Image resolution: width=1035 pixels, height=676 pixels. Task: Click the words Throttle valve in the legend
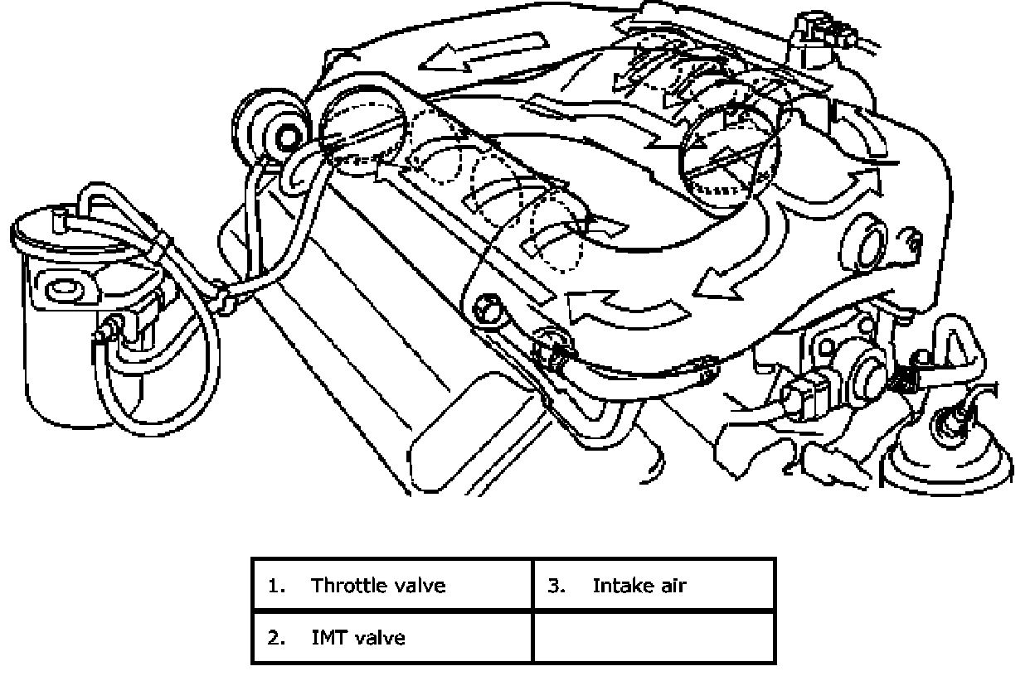coord(378,586)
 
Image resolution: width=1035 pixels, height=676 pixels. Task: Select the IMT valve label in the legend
coord(358,638)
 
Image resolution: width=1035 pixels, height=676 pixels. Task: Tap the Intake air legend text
coord(639,586)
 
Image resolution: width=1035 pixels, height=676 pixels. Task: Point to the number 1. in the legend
coord(276,586)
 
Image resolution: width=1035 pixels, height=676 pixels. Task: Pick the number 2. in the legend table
coord(276,638)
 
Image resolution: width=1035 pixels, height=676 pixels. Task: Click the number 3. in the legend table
coord(556,586)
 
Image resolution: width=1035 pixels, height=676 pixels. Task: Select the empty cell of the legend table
coord(654,638)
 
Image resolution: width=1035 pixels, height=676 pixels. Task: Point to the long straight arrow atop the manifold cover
coord(483,51)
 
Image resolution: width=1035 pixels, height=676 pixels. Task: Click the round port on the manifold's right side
coord(865,244)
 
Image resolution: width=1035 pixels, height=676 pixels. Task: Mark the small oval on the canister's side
coord(64,289)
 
